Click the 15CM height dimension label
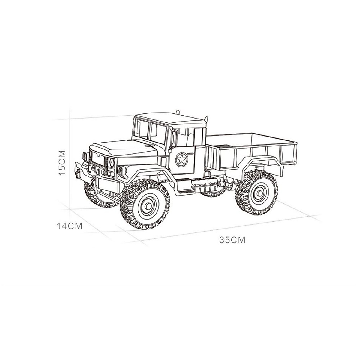pos(62,162)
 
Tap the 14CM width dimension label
pos(70,226)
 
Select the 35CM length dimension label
pos(232,240)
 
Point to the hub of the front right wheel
pos(148,206)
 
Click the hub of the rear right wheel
pos(260,193)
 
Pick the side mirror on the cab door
pos(173,139)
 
